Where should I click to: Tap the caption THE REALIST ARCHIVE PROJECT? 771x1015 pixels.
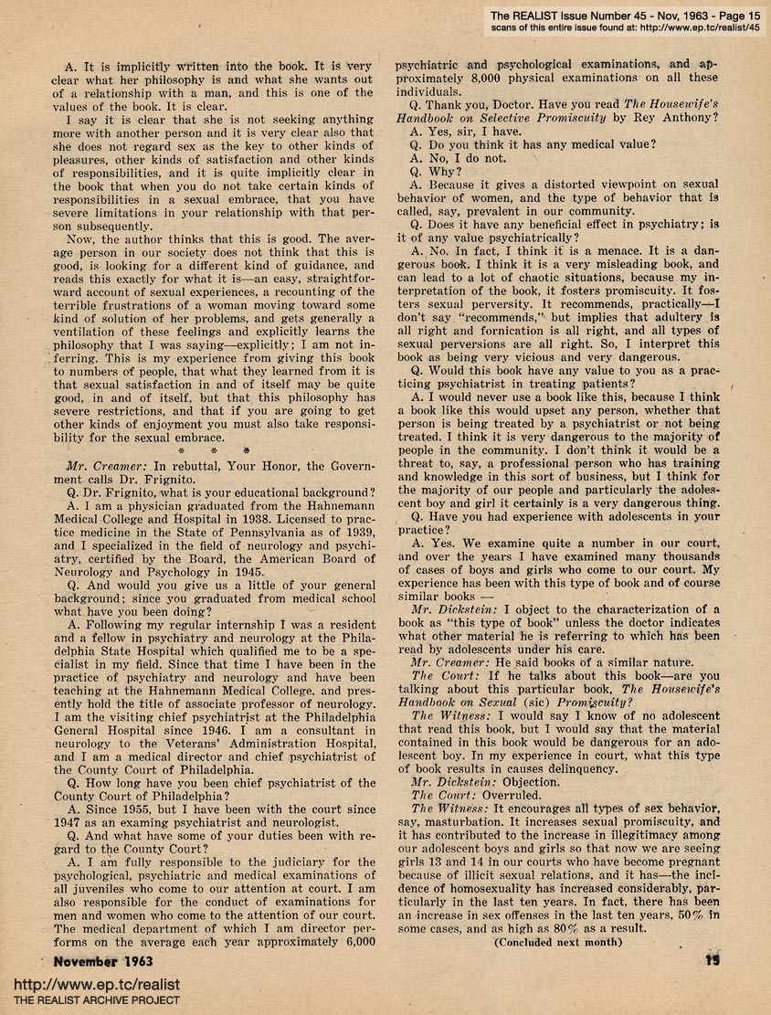(x=90, y=1001)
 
